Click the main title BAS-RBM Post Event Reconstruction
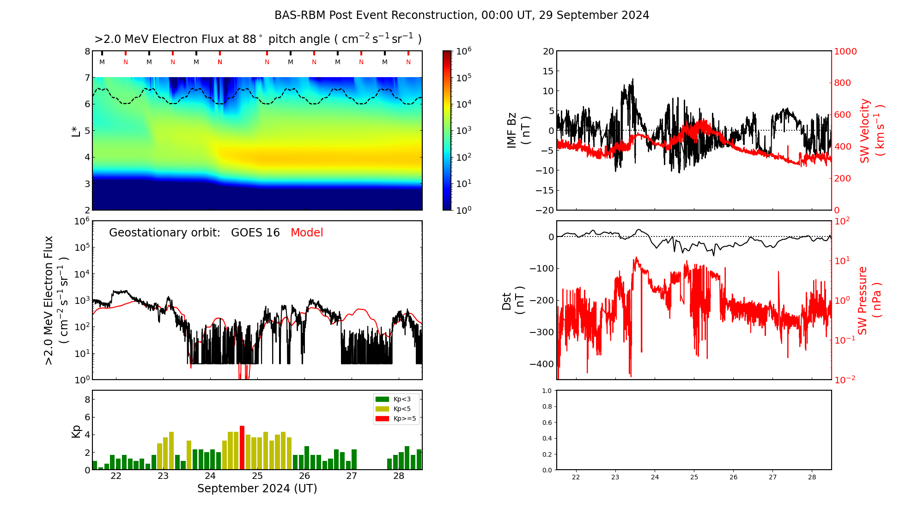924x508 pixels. tap(462, 15)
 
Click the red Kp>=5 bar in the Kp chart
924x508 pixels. tap(242, 448)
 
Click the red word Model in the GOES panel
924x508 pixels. tap(307, 233)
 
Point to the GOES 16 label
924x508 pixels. tap(255, 233)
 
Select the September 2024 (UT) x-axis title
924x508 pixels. tap(257, 489)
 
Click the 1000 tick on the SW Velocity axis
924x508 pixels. tap(845, 51)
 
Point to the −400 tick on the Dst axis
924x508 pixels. tap(542, 364)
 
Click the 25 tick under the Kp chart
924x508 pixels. tap(257, 476)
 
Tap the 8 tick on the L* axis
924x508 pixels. tap(87, 51)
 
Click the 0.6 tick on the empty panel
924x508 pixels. tap(547, 423)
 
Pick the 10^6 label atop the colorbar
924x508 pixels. tap(463, 51)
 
